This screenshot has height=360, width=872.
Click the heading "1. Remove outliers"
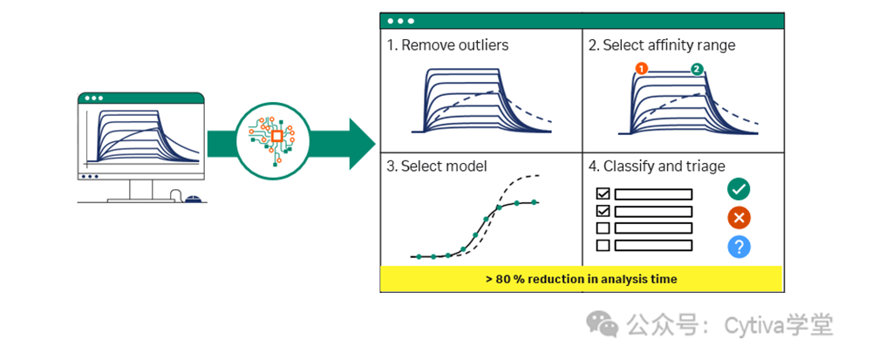tap(447, 44)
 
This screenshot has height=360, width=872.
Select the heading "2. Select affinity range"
tap(662, 44)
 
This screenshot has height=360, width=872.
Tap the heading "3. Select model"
tap(437, 166)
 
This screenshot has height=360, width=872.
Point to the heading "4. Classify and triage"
tap(657, 166)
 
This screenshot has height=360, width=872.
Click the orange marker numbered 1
tap(641, 68)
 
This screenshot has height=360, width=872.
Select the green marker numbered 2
tap(697, 69)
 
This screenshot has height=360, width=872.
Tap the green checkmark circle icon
tap(739, 188)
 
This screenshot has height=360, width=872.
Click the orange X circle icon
tap(739, 218)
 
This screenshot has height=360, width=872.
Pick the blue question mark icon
tap(739, 247)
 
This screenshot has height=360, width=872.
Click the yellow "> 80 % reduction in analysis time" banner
tap(580, 279)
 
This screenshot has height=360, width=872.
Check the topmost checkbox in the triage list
tap(602, 194)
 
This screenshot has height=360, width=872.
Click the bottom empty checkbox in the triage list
tap(602, 245)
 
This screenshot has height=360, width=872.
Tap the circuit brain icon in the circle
tap(276, 136)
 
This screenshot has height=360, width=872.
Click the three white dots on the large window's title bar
tap(400, 20)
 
